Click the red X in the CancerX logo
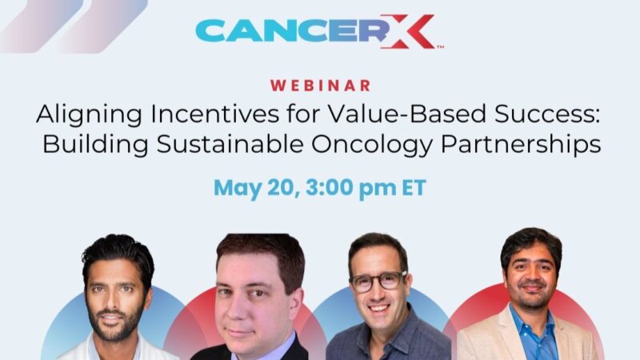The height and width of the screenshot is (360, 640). pyautogui.click(x=409, y=32)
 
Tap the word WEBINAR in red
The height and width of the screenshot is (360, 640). pyautogui.click(x=320, y=86)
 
